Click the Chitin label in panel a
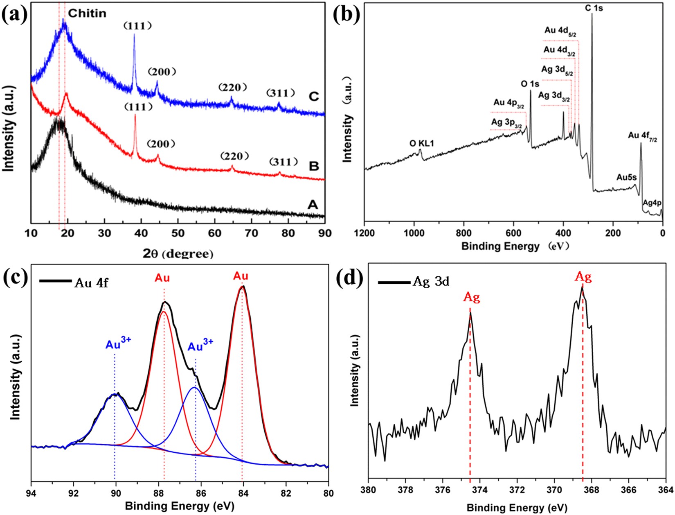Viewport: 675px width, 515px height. click(x=87, y=13)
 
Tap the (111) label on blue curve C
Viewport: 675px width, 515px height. click(x=138, y=26)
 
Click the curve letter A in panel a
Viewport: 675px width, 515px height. click(x=312, y=204)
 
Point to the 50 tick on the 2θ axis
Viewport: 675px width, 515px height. click(x=178, y=233)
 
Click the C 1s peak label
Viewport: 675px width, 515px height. click(x=594, y=7)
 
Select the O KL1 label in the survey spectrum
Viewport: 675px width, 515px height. click(x=421, y=143)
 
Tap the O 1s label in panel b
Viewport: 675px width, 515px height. click(x=530, y=84)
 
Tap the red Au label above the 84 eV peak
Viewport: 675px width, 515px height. click(x=241, y=276)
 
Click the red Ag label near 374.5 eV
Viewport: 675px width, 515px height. click(x=471, y=297)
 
